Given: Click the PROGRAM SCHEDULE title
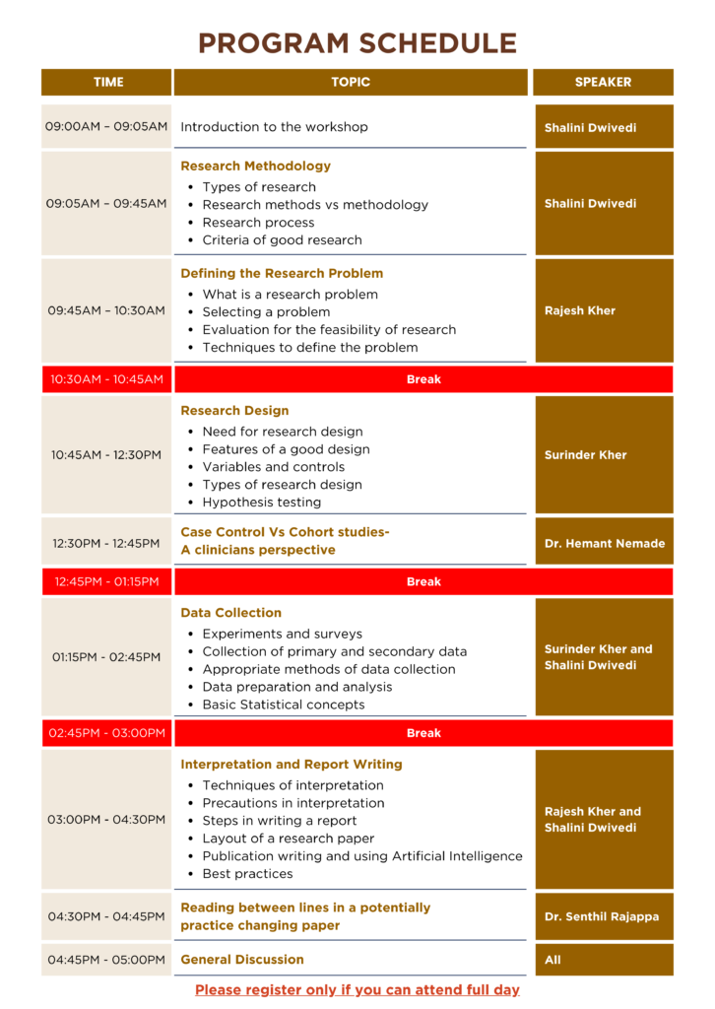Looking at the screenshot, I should pyautogui.click(x=357, y=43).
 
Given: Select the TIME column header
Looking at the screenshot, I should pyautogui.click(x=107, y=82).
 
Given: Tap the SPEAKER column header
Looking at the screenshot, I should pyautogui.click(x=603, y=82).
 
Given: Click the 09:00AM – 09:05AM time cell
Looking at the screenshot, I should pyautogui.click(x=106, y=127).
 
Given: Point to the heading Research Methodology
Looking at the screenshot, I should pyautogui.click(x=255, y=167).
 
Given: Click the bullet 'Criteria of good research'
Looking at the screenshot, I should pyautogui.click(x=282, y=240).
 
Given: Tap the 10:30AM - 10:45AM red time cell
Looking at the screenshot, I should pyautogui.click(x=106, y=379).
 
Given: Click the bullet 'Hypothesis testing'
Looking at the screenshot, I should pyautogui.click(x=261, y=503).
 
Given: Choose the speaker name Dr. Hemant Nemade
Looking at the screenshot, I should pyautogui.click(x=604, y=543).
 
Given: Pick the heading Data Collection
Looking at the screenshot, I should pyautogui.click(x=230, y=613).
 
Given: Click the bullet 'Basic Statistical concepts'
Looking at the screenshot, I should pyautogui.click(x=283, y=705).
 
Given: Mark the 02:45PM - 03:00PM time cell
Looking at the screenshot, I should pyautogui.click(x=106, y=733).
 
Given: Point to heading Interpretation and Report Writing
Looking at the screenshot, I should pyautogui.click(x=291, y=765).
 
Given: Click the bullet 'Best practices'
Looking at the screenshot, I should pyautogui.click(x=247, y=874).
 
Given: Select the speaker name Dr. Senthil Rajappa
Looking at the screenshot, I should pyautogui.click(x=602, y=916).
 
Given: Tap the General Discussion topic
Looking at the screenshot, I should pyautogui.click(x=241, y=960).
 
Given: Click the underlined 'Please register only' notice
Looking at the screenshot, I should pyautogui.click(x=357, y=989).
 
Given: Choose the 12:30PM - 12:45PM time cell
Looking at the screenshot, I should pyautogui.click(x=106, y=543).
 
